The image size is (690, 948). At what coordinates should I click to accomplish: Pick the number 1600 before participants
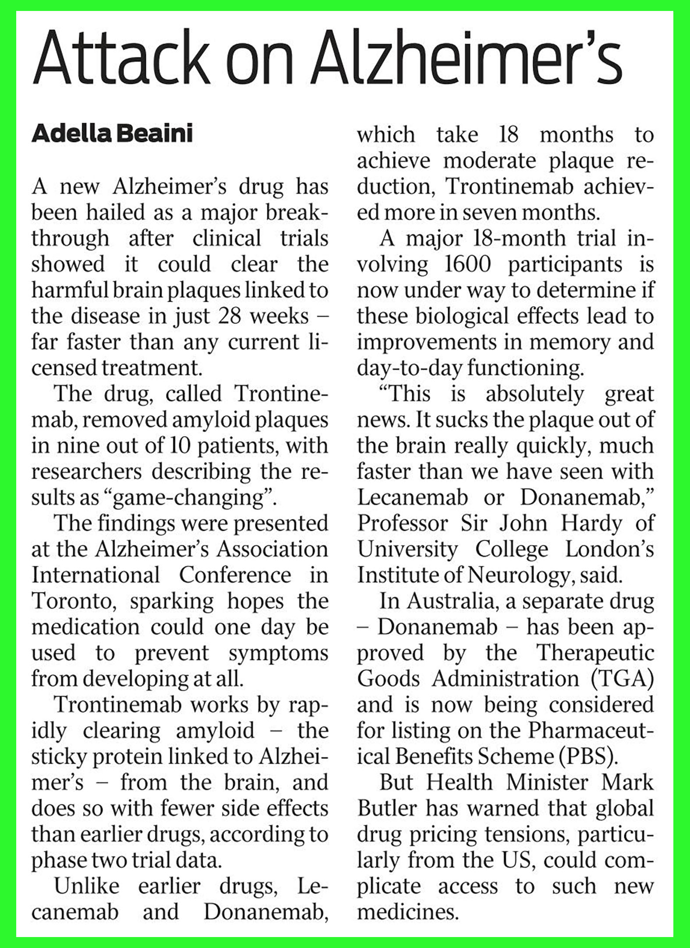point(467,264)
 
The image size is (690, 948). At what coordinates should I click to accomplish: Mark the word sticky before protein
point(59,757)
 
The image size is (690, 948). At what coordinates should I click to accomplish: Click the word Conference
point(235,575)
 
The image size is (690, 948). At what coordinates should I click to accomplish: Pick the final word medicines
point(408,912)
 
